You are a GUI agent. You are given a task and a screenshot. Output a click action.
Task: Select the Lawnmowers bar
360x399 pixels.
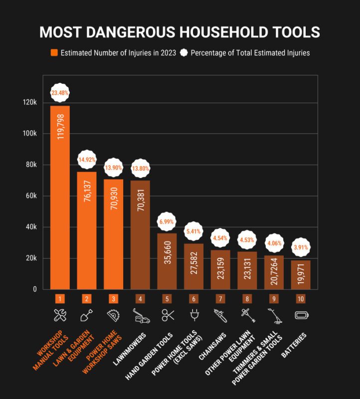pyautogui.click(x=140, y=234)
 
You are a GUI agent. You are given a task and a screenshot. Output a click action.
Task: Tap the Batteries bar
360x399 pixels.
pyautogui.click(x=301, y=274)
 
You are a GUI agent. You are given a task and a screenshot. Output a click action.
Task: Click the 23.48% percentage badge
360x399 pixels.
pyautogui.click(x=60, y=93)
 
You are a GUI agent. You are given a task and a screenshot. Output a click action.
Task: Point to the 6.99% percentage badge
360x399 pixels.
pyautogui.click(x=167, y=221)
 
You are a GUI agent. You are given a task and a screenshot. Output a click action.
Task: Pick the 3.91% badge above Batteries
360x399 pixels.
pyautogui.click(x=301, y=247)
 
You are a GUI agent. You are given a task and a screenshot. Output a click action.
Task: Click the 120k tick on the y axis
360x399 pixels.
pyautogui.click(x=30, y=102)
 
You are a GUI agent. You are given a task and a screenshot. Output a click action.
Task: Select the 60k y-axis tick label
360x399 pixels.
pyautogui.click(x=31, y=196)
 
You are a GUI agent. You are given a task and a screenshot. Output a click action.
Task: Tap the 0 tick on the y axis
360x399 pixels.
pyautogui.click(x=35, y=289)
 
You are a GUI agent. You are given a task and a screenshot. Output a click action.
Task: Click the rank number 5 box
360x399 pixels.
pyautogui.click(x=167, y=299)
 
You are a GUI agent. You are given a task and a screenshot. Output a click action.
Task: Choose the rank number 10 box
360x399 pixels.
pyautogui.click(x=301, y=299)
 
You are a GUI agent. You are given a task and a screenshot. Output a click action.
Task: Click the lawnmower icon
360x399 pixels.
pyautogui.click(x=140, y=315)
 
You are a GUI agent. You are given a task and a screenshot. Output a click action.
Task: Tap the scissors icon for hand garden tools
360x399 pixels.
pyautogui.click(x=167, y=315)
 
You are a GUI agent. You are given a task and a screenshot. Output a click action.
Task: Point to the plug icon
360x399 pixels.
pyautogui.click(x=194, y=315)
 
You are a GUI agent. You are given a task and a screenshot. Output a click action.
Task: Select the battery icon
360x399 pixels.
pyautogui.click(x=301, y=315)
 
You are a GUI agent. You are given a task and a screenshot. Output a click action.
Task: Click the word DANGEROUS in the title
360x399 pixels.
pyautogui.click(x=124, y=32)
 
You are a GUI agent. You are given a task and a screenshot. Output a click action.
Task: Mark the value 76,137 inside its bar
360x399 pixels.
pyautogui.click(x=87, y=195)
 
